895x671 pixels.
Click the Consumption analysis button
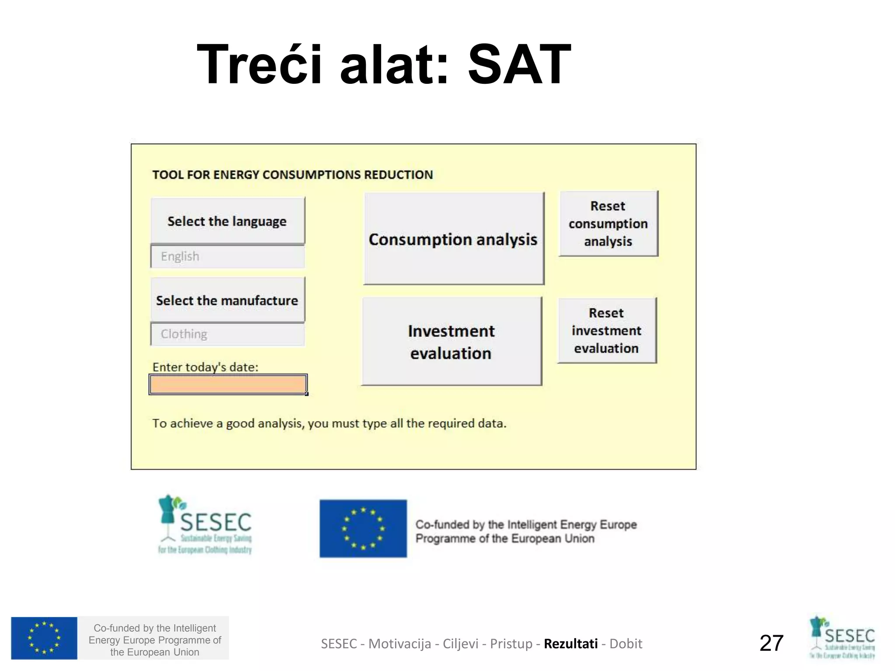point(454,239)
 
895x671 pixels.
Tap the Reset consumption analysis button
point(608,224)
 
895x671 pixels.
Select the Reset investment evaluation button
point(607,331)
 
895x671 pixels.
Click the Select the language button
point(228,221)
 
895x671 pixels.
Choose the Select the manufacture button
point(228,301)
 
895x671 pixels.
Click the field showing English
point(228,256)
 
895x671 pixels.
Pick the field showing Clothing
point(228,334)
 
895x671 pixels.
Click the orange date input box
point(228,384)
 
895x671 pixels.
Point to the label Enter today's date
point(205,367)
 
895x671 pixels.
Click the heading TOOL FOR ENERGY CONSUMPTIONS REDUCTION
point(292,175)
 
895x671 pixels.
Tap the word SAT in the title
point(519,65)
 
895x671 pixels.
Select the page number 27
point(771,643)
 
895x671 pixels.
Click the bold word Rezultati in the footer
point(571,643)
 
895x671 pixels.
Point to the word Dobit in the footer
point(626,643)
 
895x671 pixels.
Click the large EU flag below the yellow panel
point(363,529)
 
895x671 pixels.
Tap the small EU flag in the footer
point(44,638)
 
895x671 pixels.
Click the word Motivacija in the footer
point(399,643)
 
